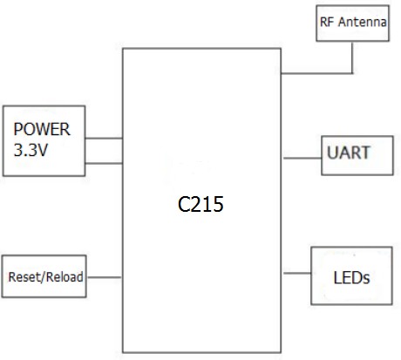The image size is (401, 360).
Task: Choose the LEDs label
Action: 352,278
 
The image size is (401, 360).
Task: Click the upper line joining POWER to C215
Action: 105,138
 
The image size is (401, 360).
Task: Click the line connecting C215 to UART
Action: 300,158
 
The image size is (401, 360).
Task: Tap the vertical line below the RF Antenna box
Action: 353,57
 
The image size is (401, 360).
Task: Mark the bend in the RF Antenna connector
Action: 353,72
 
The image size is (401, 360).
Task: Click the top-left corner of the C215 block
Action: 123,49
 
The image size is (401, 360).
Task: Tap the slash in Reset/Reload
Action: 44,277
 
